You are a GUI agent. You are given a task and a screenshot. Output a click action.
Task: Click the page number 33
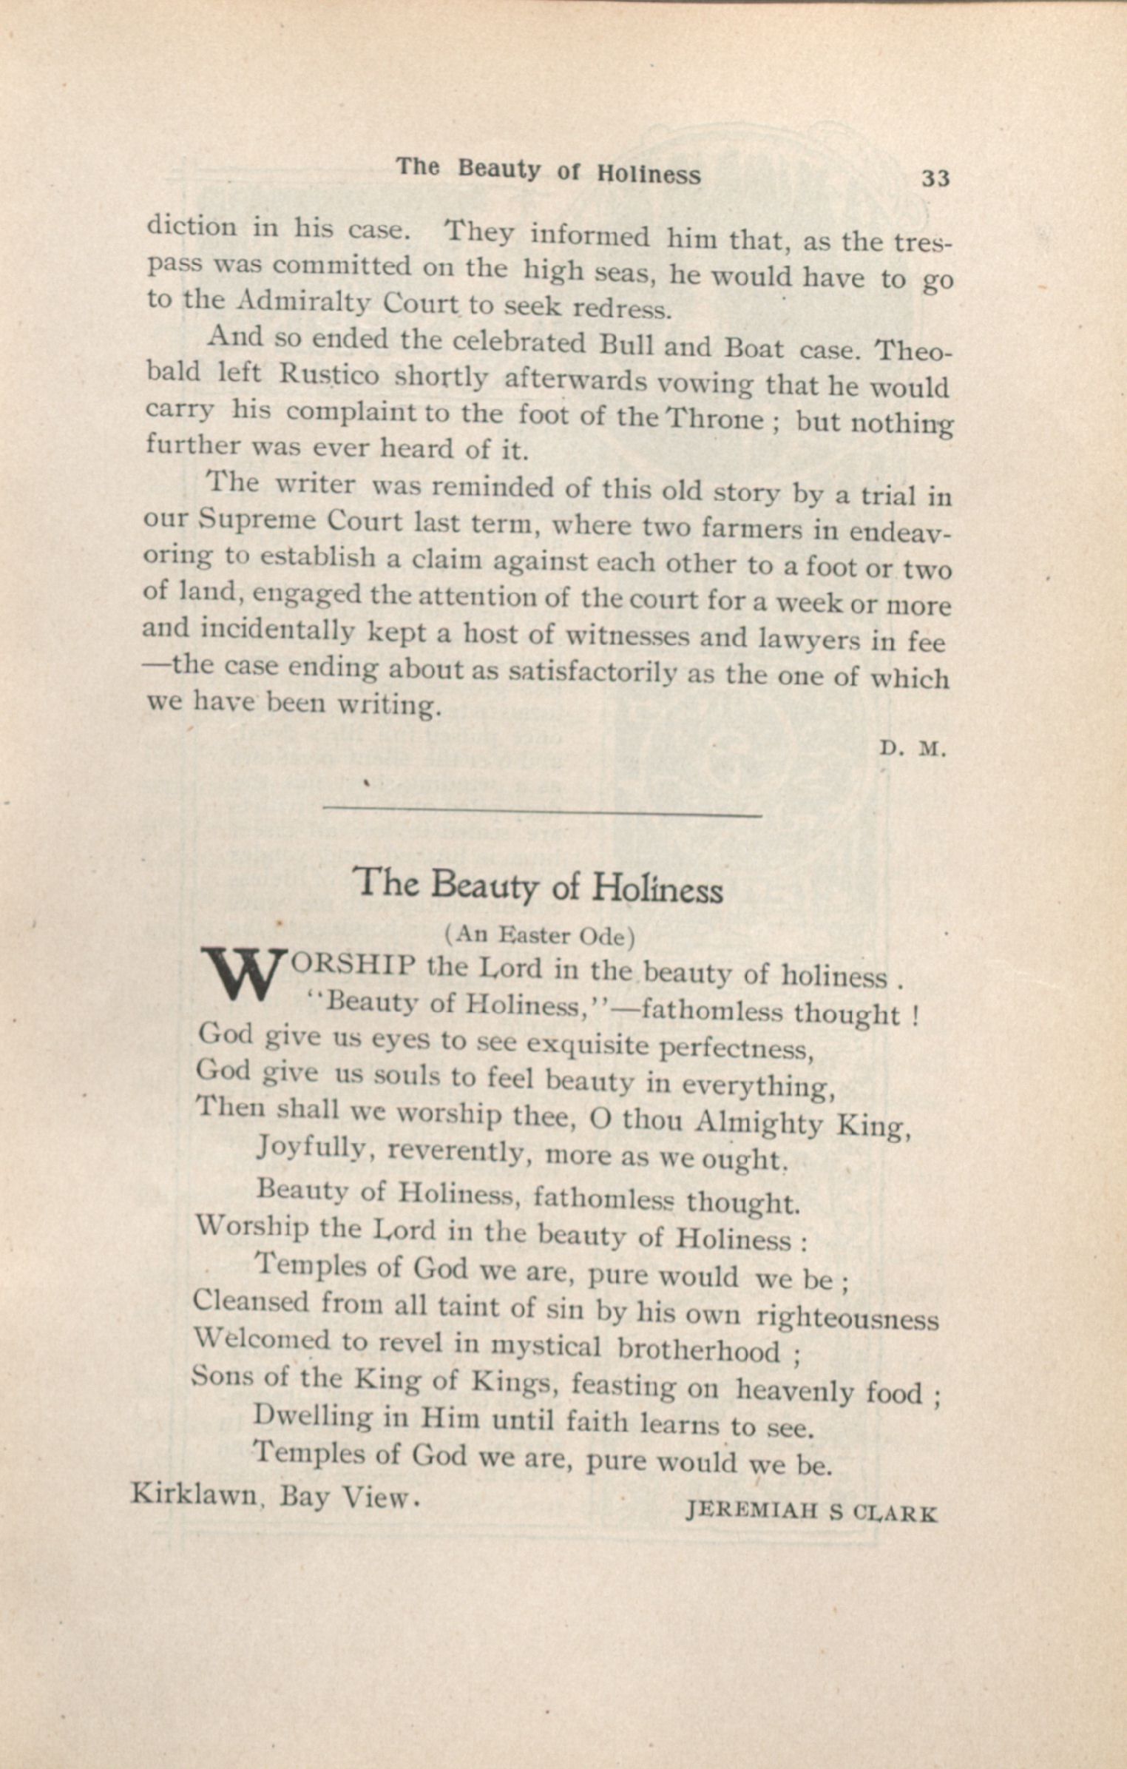(935, 179)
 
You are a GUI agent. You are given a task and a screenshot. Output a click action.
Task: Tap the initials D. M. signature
(912, 749)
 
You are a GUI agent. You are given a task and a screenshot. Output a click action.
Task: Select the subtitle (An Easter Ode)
(539, 936)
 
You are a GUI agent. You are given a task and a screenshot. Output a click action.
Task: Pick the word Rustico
(329, 375)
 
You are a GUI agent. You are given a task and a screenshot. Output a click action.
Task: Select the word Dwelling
(313, 1418)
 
